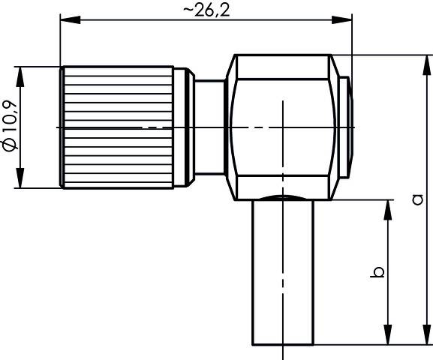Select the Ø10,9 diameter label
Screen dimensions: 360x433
[10, 127]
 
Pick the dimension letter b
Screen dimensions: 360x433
[379, 271]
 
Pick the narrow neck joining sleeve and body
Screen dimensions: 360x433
[211, 127]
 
